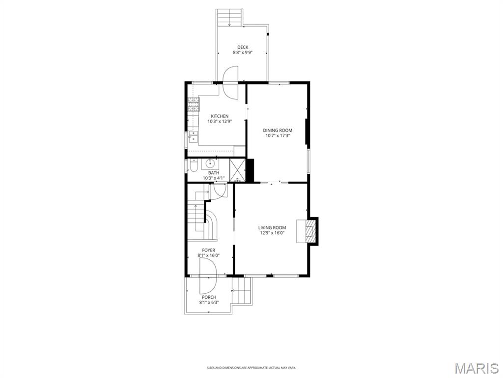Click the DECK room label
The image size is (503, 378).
coord(243,47)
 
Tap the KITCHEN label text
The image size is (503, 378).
coord(220,116)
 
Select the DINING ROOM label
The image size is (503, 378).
coord(278,130)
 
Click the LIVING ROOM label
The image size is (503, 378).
coord(272,227)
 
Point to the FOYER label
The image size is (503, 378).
coord(208,250)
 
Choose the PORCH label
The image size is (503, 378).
coord(209,297)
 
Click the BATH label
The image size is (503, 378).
coord(213,173)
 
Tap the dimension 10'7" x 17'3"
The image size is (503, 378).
coord(278,136)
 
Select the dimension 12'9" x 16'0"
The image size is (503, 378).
coord(272,233)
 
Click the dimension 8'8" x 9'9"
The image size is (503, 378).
coord(243,53)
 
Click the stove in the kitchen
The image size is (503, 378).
coord(194,104)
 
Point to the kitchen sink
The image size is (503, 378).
coord(193,136)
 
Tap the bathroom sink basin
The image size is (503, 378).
coord(212,164)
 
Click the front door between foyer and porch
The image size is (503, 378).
coord(208,276)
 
